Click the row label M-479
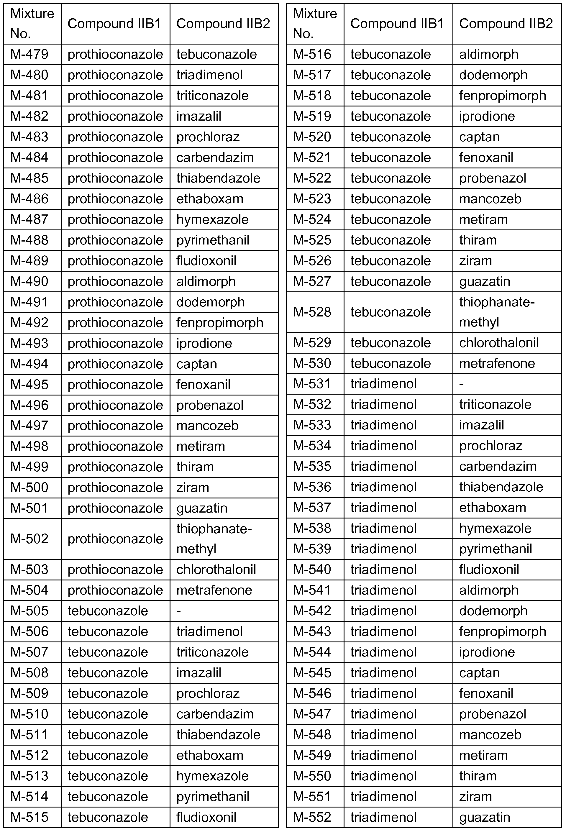29,55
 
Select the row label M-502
29,539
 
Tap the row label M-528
312,312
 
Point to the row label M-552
312,817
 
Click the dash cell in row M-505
179,611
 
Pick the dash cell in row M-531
462,384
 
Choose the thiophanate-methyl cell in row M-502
214,539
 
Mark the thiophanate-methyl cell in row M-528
497,312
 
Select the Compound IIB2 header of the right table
506,24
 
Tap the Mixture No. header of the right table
315,24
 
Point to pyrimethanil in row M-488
213,240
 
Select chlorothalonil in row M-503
216,570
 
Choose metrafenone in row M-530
497,363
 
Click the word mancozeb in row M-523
490,199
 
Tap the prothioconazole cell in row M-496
115,405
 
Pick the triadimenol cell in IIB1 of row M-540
383,570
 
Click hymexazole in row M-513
212,776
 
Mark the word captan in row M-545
479,673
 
